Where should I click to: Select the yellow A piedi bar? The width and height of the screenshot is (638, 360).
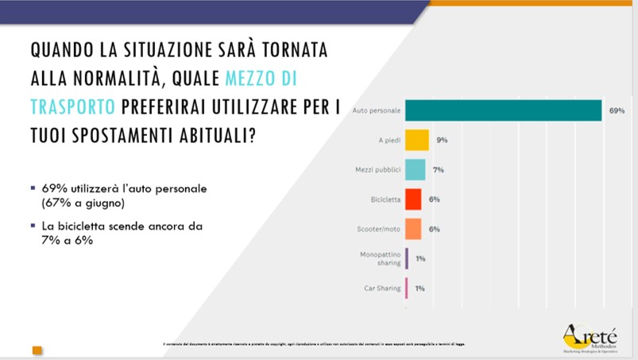(417, 140)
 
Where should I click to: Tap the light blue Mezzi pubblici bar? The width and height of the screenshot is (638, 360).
(415, 169)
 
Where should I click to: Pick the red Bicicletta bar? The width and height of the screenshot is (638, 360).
(413, 199)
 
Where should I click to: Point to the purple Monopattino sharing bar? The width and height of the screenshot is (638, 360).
(407, 258)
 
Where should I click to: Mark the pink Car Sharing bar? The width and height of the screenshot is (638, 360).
(407, 288)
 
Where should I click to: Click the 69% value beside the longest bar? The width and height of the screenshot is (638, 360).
(617, 110)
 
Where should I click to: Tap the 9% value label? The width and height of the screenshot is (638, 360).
(442, 140)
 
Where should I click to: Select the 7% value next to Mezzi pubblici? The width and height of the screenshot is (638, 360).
(438, 169)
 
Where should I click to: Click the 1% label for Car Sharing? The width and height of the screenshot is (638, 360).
(420, 288)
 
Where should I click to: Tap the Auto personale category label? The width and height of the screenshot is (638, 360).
(374, 110)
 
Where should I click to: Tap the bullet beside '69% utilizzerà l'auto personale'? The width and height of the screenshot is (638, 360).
(33, 188)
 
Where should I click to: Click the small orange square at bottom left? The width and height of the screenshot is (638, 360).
(37, 349)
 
